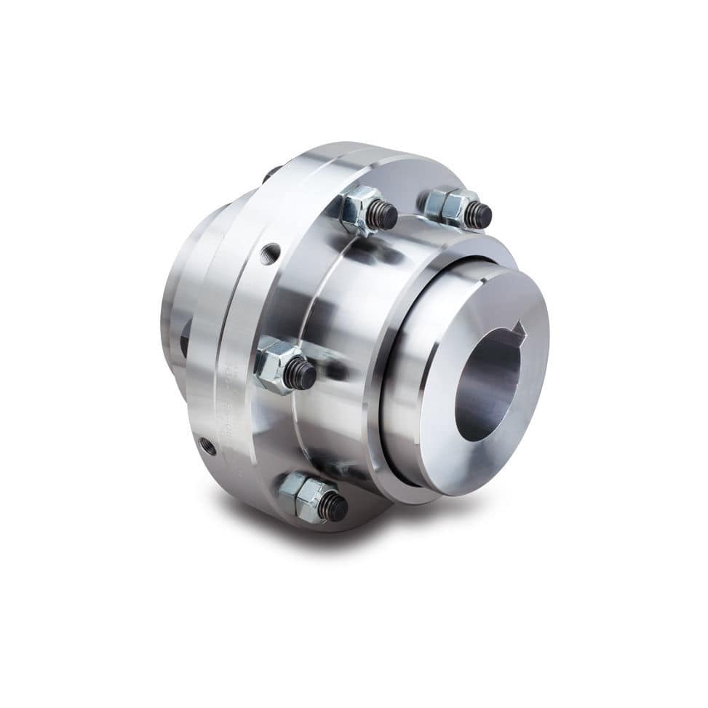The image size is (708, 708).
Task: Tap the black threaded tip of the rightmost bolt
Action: click(478, 214)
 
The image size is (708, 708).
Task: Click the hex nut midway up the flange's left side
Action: click(277, 365)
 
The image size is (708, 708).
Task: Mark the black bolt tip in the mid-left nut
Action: click(299, 375)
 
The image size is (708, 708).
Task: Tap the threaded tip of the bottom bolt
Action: click(333, 506)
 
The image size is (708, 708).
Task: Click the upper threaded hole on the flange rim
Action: click(271, 254)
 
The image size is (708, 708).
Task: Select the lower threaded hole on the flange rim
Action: click(209, 446)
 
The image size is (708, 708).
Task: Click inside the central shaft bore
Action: click(486, 386)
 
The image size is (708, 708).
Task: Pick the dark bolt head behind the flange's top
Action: click(272, 173)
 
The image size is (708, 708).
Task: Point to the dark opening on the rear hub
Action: click(184, 338)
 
